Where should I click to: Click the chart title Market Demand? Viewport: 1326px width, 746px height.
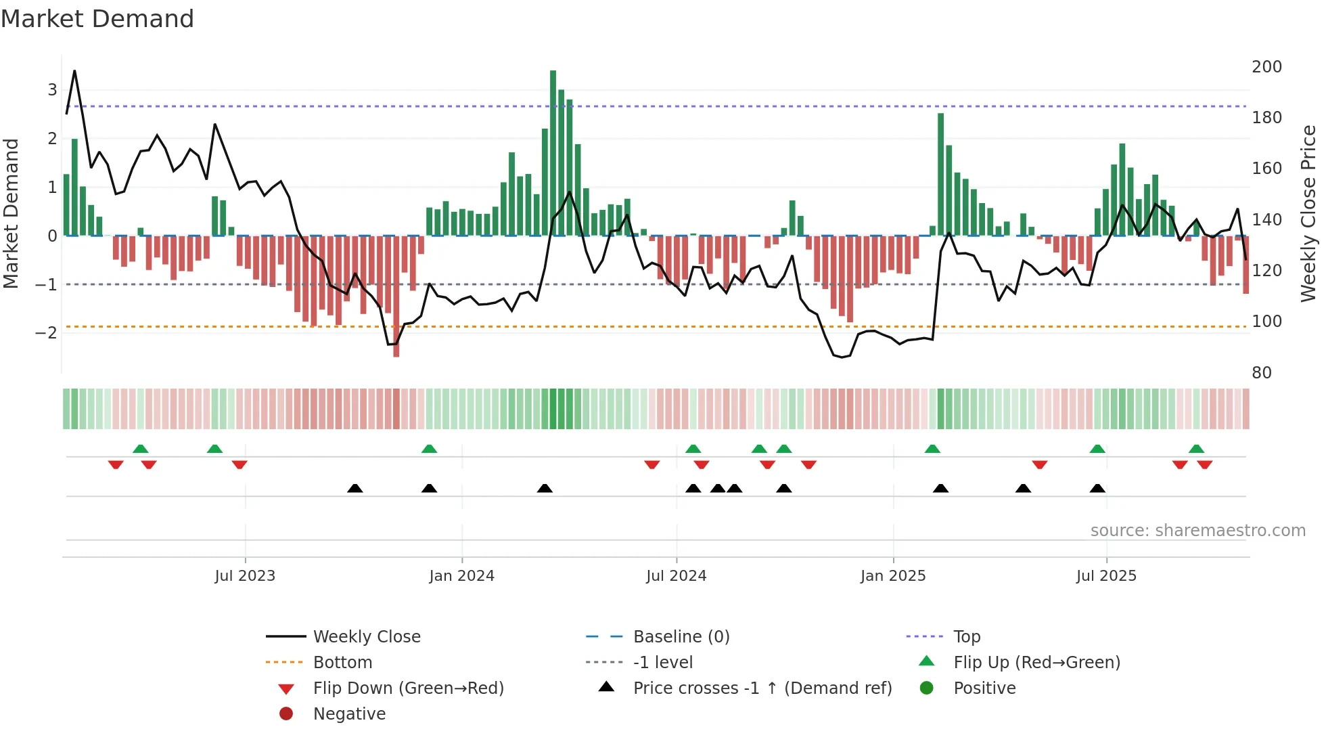coord(97,19)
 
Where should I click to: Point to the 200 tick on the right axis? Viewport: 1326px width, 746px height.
coord(1266,67)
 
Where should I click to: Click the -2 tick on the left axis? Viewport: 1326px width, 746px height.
coord(46,332)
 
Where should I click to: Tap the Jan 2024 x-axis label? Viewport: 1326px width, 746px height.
coord(461,576)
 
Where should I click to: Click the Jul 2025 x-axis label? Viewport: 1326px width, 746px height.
coord(1106,576)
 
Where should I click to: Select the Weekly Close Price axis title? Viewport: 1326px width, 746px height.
coord(1308,213)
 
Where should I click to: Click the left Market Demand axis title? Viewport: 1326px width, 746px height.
coord(11,213)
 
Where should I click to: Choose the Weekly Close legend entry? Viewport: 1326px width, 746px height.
coord(366,637)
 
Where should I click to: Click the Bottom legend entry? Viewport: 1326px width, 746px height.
coord(342,663)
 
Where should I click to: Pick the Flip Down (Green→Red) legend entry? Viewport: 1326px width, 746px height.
coord(408,688)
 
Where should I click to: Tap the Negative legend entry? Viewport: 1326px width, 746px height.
coord(349,714)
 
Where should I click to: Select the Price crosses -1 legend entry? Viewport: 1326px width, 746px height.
coord(762,688)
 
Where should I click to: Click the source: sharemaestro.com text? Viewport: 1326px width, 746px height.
coord(1197,531)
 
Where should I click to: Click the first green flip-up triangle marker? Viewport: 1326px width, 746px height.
coord(141,449)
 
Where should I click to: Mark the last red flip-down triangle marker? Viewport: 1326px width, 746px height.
coord(1204,464)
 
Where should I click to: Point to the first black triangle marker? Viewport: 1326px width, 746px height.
coord(355,488)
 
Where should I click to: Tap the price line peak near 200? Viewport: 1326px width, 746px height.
coord(74,71)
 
